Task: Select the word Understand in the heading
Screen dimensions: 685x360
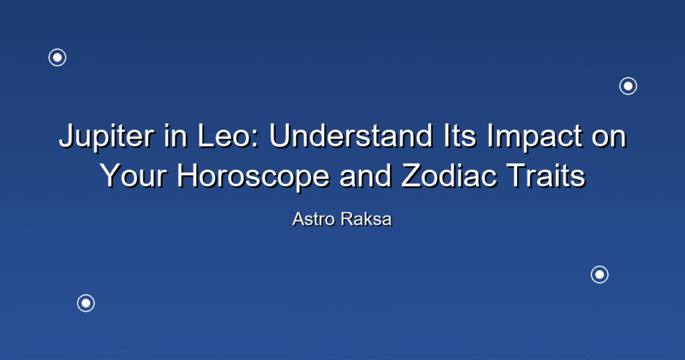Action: [x=351, y=135]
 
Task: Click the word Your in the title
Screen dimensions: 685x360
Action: [x=133, y=175]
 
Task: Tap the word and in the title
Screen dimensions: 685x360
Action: [x=365, y=175]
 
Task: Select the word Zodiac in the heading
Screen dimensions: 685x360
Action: [x=448, y=175]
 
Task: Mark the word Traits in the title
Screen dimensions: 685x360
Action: [x=546, y=175]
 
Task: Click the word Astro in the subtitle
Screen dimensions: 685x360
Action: [x=314, y=219]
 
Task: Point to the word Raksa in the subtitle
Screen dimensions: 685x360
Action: [x=367, y=219]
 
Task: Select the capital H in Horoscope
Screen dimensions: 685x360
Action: [x=187, y=175]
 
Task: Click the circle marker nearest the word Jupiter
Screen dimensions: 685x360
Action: [x=58, y=58]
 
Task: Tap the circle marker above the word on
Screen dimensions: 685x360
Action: [x=628, y=86]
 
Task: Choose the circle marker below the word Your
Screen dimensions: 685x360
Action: [x=86, y=303]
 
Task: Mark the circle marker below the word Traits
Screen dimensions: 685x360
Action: [x=600, y=275]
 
